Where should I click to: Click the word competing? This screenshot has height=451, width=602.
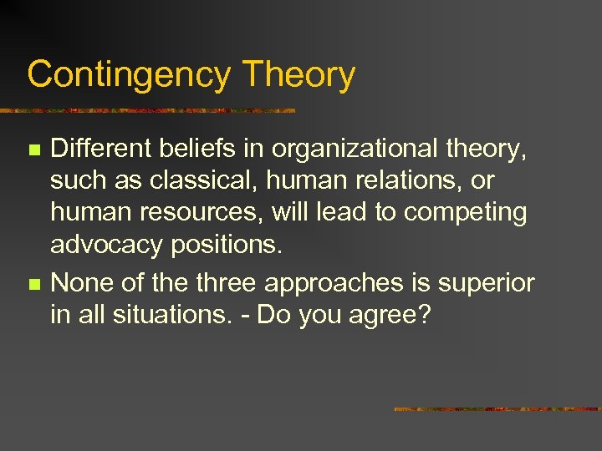pyautogui.click(x=465, y=212)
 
